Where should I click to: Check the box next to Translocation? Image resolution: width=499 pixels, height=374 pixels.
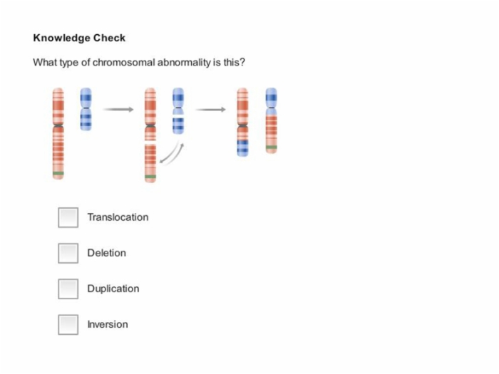pyautogui.click(x=68, y=217)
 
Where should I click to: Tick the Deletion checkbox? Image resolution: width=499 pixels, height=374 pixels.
pyautogui.click(x=68, y=253)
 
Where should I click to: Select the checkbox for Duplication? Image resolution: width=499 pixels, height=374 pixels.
pyautogui.click(x=68, y=289)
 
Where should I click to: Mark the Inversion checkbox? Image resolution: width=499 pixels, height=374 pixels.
pyautogui.click(x=68, y=325)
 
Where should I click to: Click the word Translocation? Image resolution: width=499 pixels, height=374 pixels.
pyautogui.click(x=118, y=217)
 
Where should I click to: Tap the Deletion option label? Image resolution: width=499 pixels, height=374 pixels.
pyautogui.click(x=107, y=253)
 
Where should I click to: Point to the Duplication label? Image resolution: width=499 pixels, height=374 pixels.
pyautogui.click(x=113, y=289)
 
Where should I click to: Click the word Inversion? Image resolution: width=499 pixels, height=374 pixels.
pyautogui.click(x=108, y=324)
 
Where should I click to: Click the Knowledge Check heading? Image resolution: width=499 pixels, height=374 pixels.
pyautogui.click(x=79, y=38)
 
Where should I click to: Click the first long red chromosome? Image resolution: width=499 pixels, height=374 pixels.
pyautogui.click(x=58, y=134)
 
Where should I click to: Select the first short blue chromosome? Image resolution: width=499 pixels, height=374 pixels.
pyautogui.click(x=86, y=109)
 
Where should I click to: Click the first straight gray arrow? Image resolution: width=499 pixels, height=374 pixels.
pyautogui.click(x=118, y=110)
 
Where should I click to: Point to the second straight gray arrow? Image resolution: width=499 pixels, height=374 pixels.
pyautogui.click(x=210, y=110)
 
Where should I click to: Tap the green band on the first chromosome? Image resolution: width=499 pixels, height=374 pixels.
pyautogui.click(x=58, y=173)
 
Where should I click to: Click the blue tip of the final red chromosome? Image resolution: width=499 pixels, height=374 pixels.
pyautogui.click(x=242, y=148)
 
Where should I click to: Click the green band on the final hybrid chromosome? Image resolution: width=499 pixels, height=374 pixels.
pyautogui.click(x=272, y=147)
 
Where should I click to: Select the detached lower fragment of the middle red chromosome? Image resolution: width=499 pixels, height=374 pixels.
pyautogui.click(x=150, y=163)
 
